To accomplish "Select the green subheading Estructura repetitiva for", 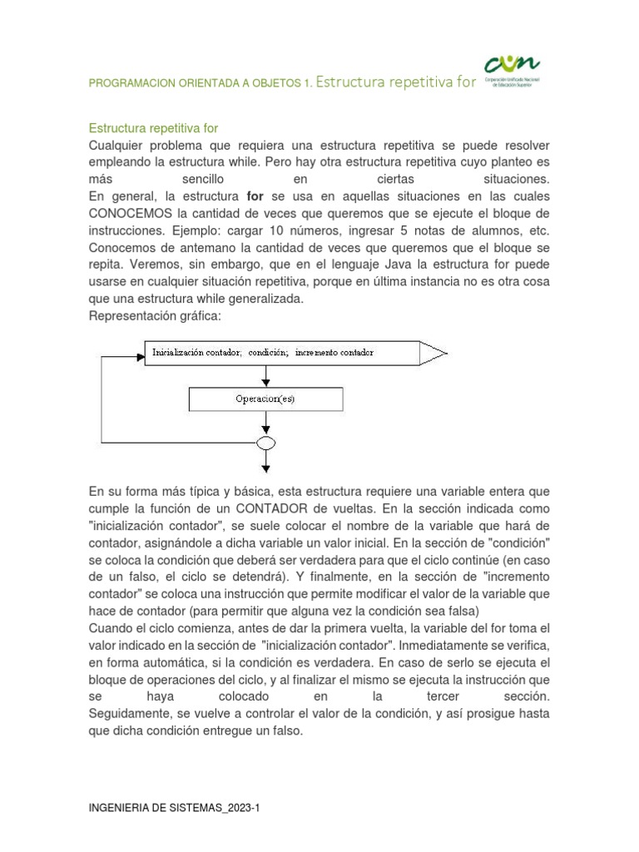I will click(x=153, y=128).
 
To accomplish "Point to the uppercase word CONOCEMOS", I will click(x=127, y=214).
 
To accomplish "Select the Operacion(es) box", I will click(x=265, y=399).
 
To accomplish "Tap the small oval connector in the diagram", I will click(x=265, y=442).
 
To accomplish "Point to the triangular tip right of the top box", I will click(x=434, y=352).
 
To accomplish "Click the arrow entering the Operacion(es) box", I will click(x=265, y=379).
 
